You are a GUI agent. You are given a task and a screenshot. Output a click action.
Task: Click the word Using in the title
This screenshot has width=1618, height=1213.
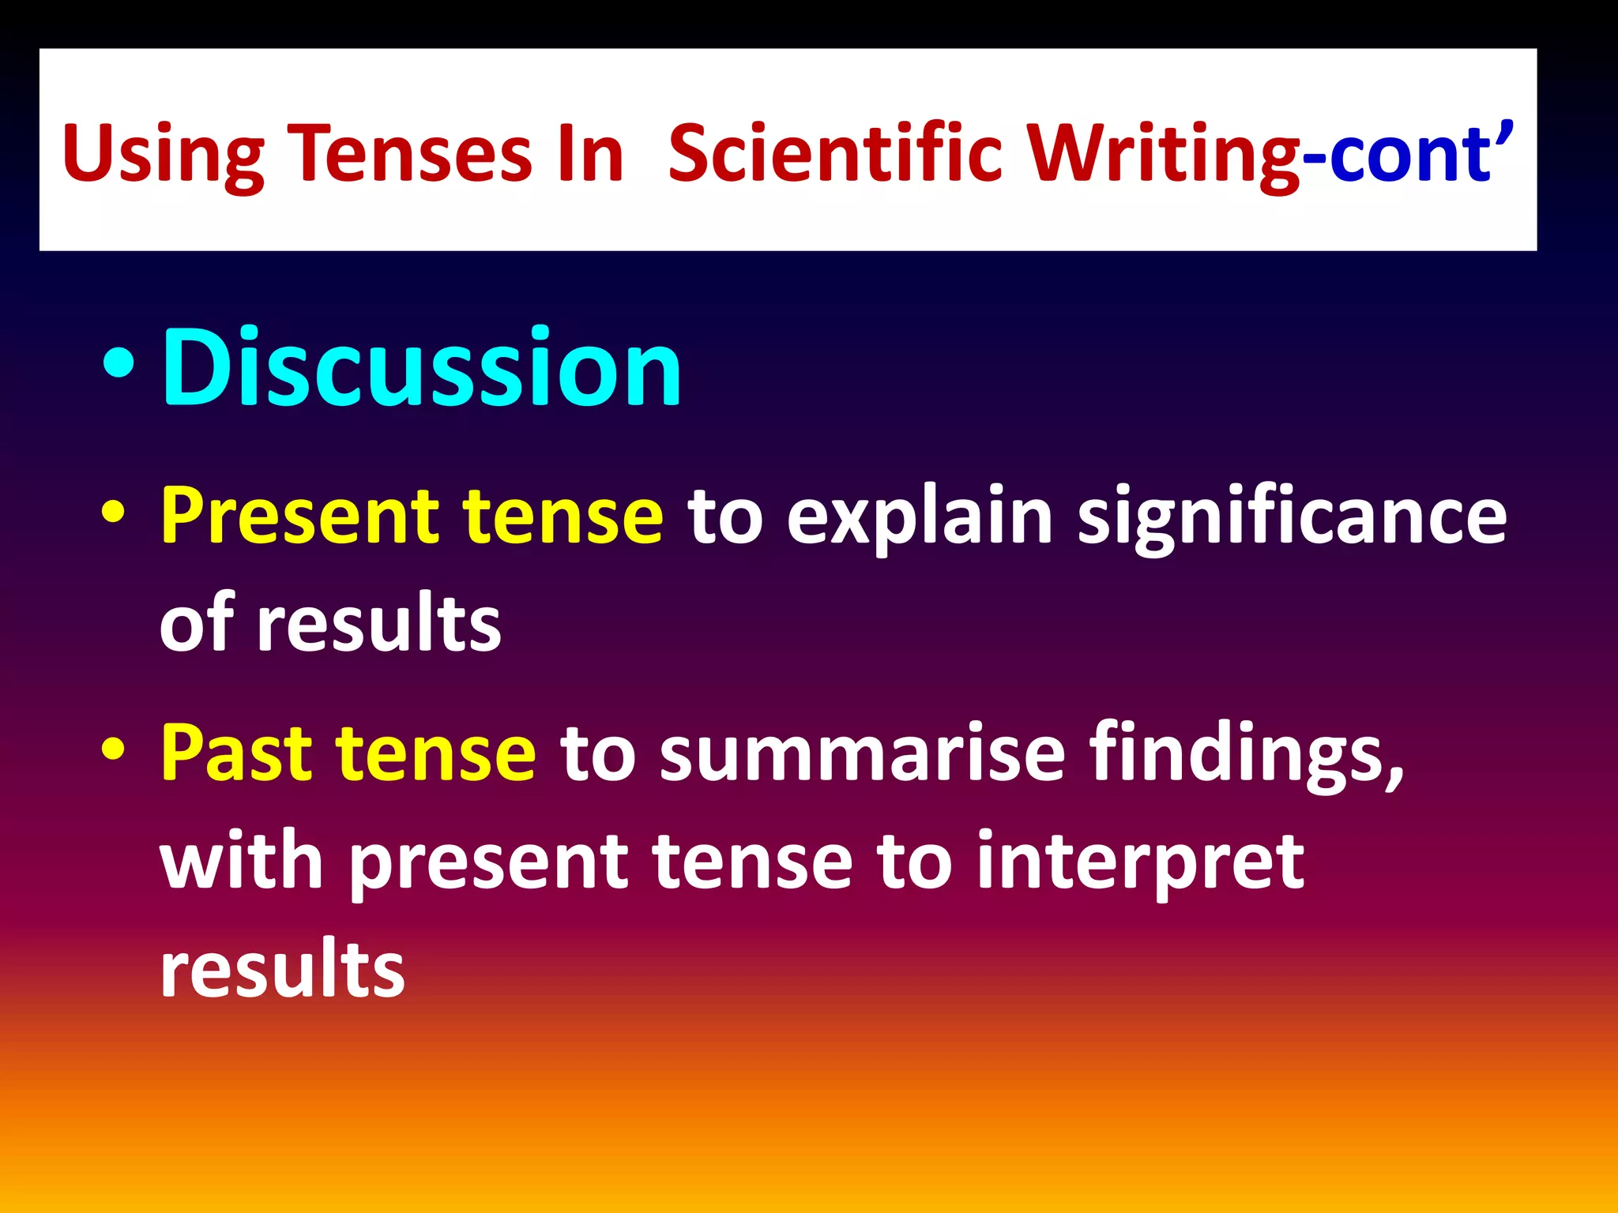click(x=163, y=154)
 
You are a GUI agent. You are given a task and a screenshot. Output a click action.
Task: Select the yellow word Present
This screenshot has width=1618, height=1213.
click(x=299, y=517)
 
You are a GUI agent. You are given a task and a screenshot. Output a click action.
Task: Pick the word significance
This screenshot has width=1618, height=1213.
click(x=1293, y=517)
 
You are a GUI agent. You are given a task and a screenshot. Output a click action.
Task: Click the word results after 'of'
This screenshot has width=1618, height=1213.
click(x=379, y=624)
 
